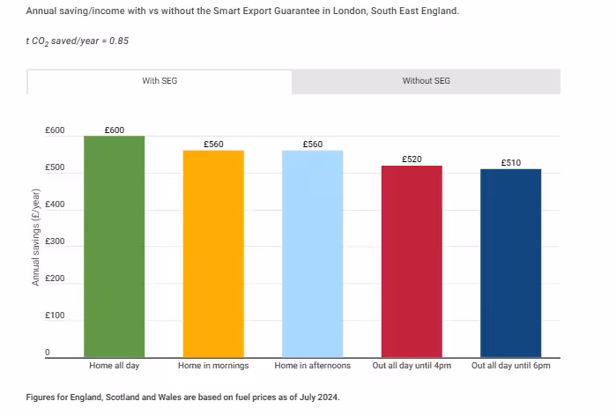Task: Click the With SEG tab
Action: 160,81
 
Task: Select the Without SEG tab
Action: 426,81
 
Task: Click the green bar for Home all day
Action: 115,247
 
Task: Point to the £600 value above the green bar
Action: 115,130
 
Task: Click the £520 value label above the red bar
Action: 412,160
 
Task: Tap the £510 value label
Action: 510,163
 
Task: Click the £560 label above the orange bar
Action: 213,144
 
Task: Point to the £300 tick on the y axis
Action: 55,241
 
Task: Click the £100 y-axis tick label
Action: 55,316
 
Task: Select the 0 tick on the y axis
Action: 48,353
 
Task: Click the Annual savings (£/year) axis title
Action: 36,238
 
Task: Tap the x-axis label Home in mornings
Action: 213,365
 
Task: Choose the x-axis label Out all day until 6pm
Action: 510,365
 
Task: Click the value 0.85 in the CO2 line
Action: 119,41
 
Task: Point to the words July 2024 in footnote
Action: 318,397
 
